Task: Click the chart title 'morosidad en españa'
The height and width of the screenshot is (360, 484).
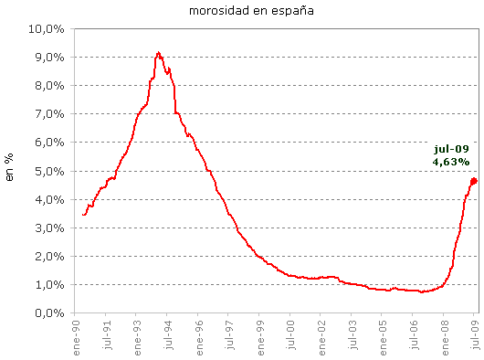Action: [242, 11]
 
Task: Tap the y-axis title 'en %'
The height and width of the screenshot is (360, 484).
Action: [10, 170]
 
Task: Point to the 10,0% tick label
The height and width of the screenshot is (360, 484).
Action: [47, 28]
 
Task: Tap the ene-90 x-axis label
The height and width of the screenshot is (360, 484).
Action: [76, 336]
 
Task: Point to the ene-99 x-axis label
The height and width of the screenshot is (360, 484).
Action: [261, 336]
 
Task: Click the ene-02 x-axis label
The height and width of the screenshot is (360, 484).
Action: [323, 336]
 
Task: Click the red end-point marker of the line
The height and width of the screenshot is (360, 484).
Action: [474, 181]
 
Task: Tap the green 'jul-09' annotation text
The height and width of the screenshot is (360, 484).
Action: [451, 148]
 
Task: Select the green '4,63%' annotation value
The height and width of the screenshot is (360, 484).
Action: [451, 162]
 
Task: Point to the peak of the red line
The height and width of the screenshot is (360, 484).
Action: [159, 53]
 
